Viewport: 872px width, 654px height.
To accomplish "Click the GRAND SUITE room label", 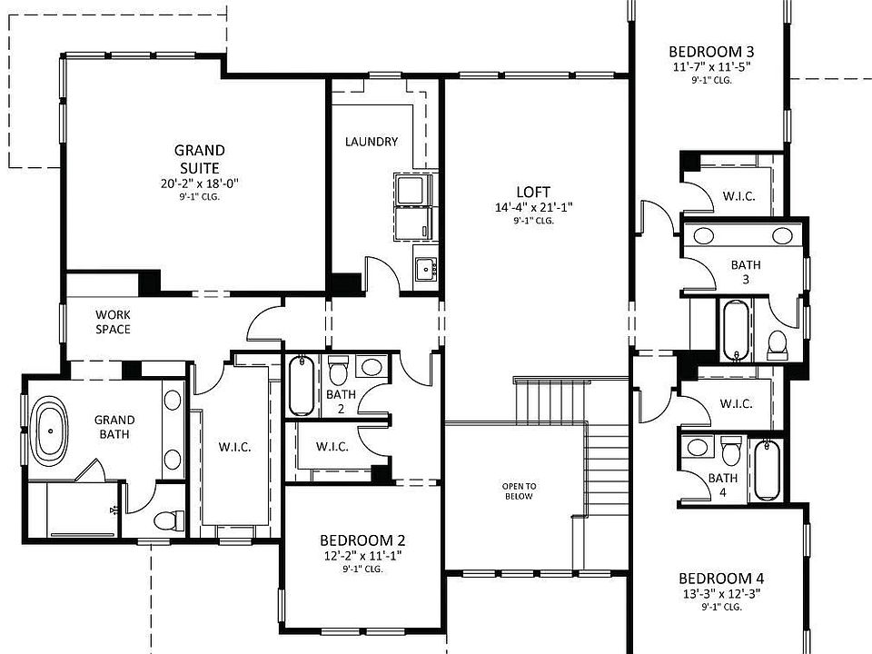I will coord(199,159).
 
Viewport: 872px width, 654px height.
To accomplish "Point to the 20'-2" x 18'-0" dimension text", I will coord(199,183).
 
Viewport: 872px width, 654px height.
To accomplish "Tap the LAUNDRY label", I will coord(372,142).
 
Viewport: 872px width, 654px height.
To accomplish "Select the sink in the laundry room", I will coord(424,268).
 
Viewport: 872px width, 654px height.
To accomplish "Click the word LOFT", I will coord(533,192).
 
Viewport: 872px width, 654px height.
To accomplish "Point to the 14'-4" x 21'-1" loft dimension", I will coord(533,207).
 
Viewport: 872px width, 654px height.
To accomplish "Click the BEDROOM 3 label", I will coord(710,52).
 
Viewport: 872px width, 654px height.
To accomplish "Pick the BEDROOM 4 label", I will coord(721,579).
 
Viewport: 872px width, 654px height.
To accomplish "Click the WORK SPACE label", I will coord(113,322).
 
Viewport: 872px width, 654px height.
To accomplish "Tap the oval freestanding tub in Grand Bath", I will coord(50,431).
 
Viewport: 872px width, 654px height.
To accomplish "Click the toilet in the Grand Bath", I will coord(167,520).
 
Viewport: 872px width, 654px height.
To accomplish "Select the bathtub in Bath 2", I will coord(300,386).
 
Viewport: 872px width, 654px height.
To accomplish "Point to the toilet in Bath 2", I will coord(338,372).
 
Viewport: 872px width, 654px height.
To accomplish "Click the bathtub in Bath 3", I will coord(734,331).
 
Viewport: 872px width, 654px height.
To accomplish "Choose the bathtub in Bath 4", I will coord(766,470).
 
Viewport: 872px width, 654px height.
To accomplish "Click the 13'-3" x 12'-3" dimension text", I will coord(721,594).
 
